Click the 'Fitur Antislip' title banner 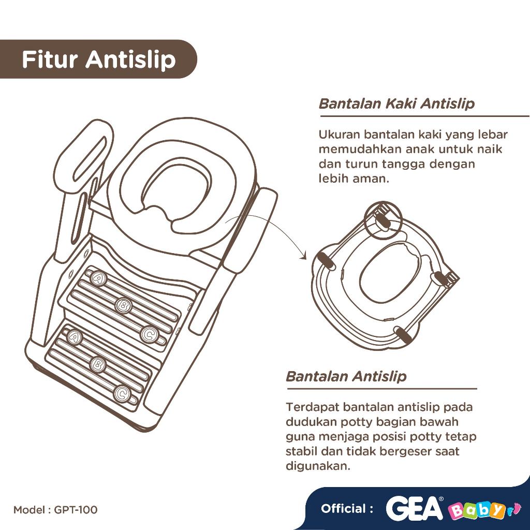[x=98, y=59]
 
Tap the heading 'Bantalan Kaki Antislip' [x=396, y=104]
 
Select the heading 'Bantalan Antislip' [x=346, y=376]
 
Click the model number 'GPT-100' [x=76, y=509]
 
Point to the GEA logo [x=415, y=508]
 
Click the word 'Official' [x=343, y=509]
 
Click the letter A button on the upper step [x=99, y=278]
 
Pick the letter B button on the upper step [x=124, y=305]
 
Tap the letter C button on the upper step [x=149, y=334]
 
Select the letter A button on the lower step [x=74, y=336]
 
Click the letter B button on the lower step [x=98, y=364]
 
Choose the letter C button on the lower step [x=122, y=394]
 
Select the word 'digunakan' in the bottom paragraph [x=317, y=466]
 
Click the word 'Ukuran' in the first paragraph [x=340, y=135]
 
